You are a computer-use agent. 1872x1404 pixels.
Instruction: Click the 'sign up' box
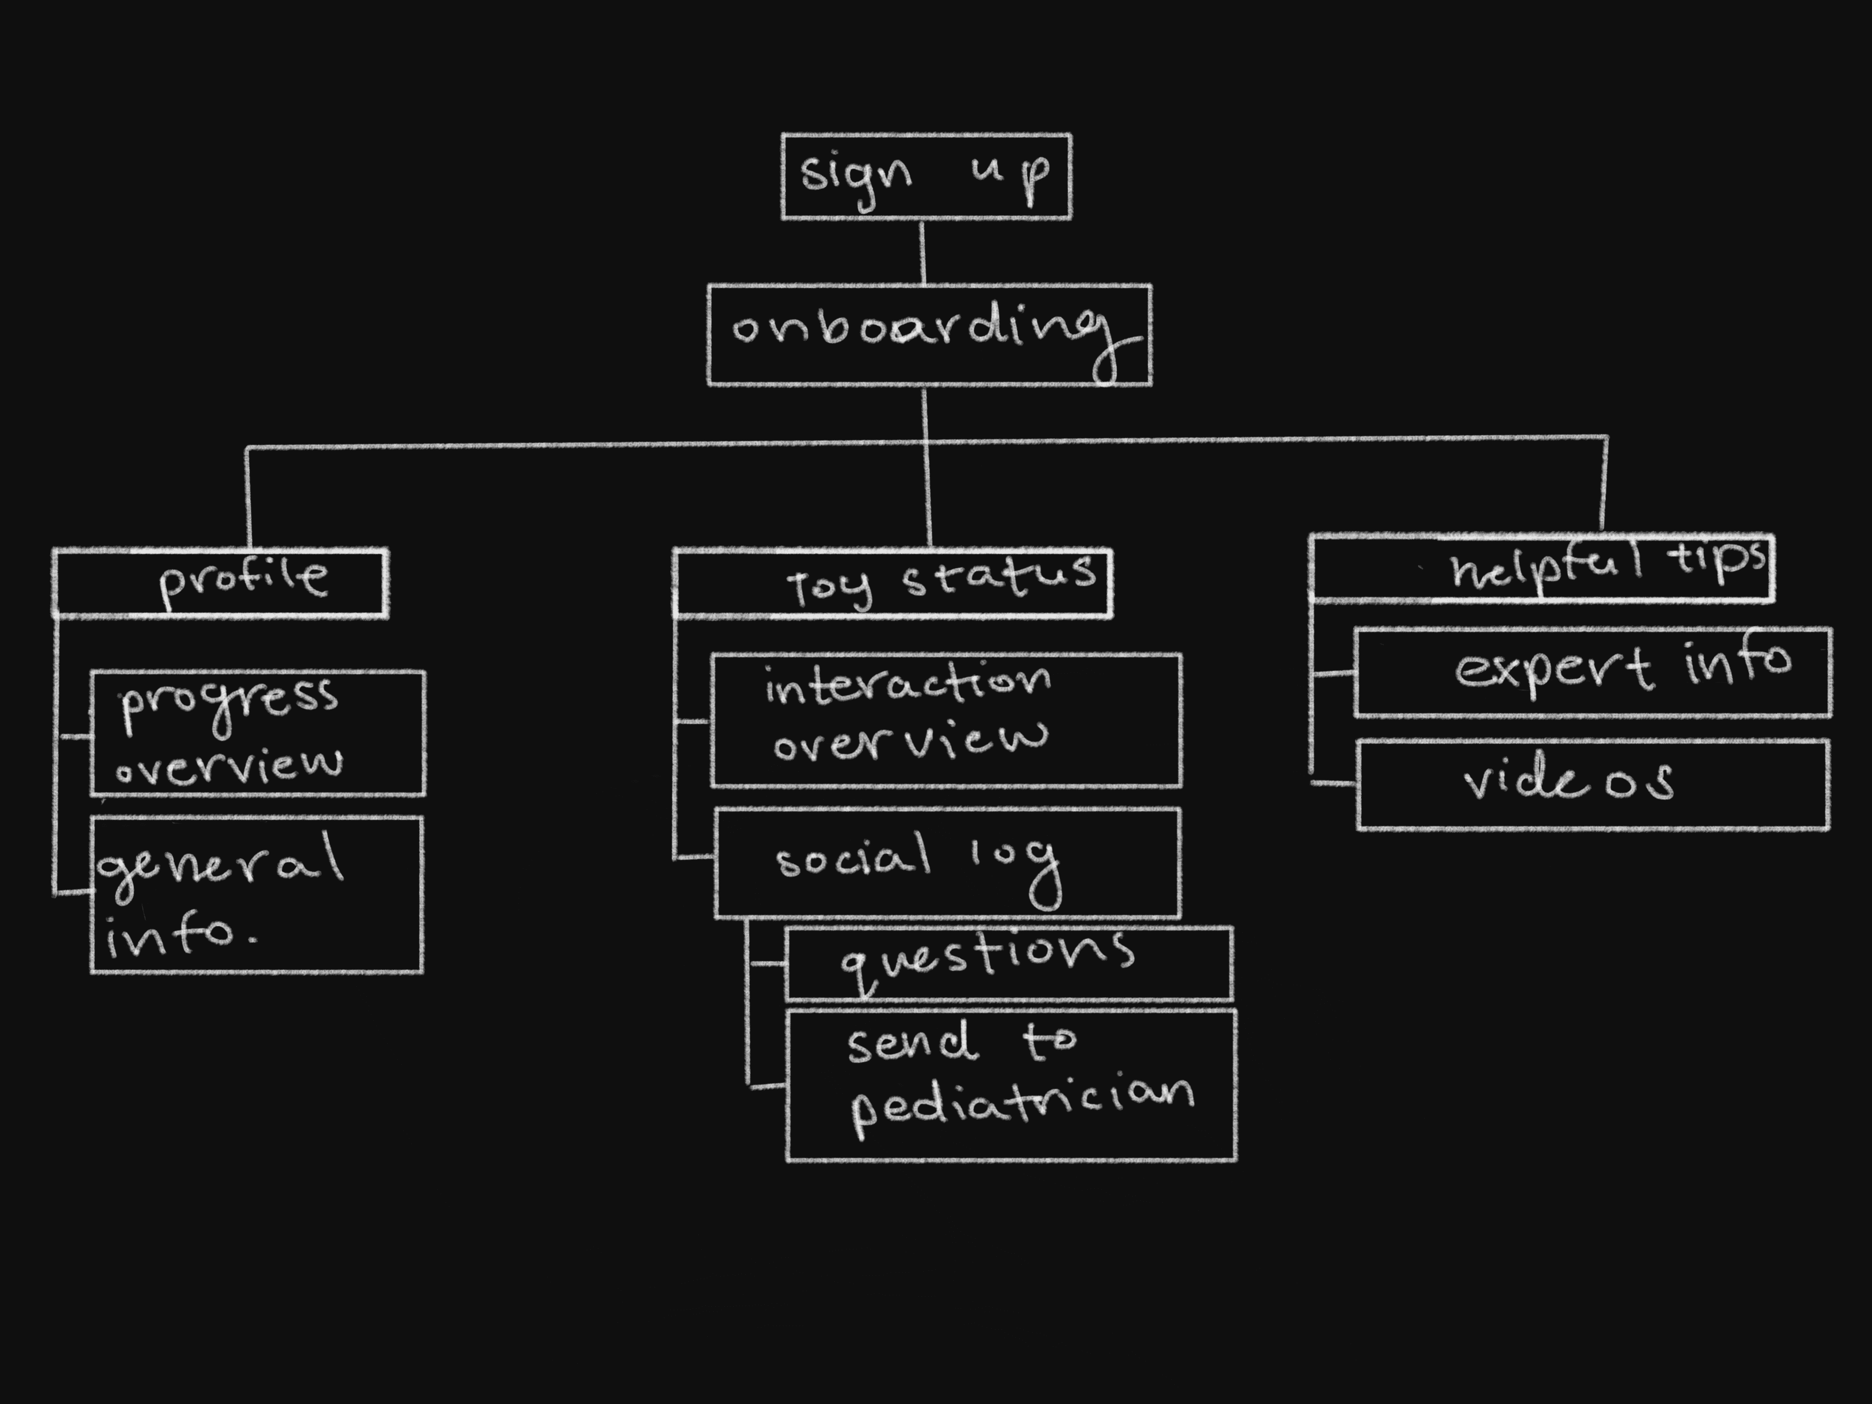926,176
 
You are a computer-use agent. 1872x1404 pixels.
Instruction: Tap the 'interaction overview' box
946,720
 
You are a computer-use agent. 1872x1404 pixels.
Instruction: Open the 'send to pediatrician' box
1011,1085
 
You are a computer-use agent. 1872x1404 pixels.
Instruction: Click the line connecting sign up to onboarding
923,252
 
